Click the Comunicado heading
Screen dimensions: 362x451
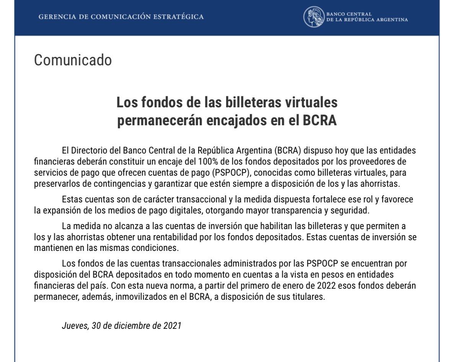[x=73, y=60]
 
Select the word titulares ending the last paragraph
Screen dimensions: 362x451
[x=308, y=297]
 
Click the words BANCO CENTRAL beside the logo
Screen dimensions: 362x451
[x=348, y=15]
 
